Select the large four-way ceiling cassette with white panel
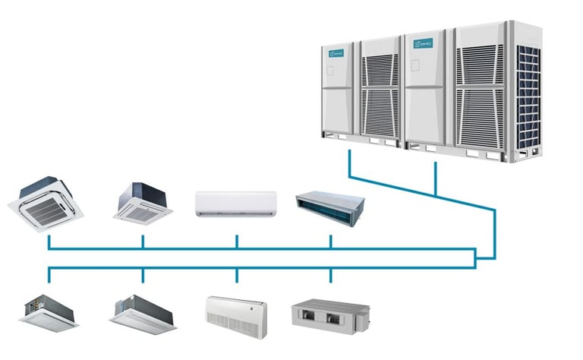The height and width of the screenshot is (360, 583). [x=47, y=200]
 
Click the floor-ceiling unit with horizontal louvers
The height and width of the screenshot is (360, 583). [x=236, y=311]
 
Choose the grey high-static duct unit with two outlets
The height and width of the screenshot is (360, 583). [x=330, y=311]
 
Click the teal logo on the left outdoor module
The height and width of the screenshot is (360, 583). [x=336, y=55]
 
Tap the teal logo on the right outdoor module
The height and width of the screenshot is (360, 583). [x=422, y=46]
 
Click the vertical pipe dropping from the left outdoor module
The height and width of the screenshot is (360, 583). [x=349, y=163]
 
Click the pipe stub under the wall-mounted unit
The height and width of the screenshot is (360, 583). [x=237, y=241]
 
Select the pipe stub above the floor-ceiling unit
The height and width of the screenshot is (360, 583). [x=237, y=274]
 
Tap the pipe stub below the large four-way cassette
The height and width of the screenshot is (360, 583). [x=49, y=241]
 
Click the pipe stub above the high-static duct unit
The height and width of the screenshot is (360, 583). [x=330, y=274]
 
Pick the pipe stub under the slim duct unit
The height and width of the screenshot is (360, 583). [x=330, y=241]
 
